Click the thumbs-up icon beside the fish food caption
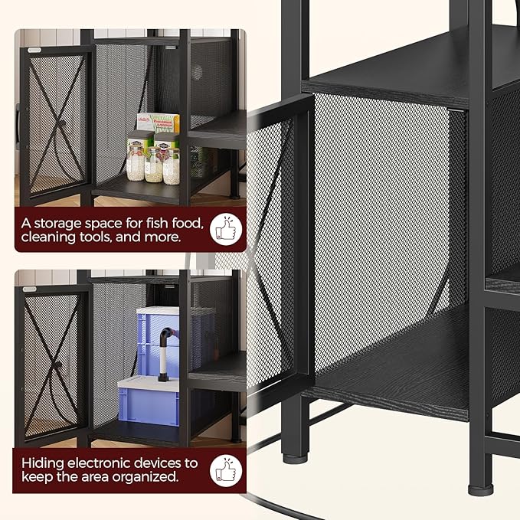click(226, 229)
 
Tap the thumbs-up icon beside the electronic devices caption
click(226, 470)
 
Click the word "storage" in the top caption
click(57, 224)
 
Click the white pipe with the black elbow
click(164, 354)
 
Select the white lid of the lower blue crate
click(149, 382)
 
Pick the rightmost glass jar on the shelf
click(172, 166)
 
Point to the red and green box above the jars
click(159, 123)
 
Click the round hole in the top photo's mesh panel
click(196, 72)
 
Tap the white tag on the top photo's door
click(34, 50)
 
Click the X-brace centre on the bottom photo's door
click(57, 365)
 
